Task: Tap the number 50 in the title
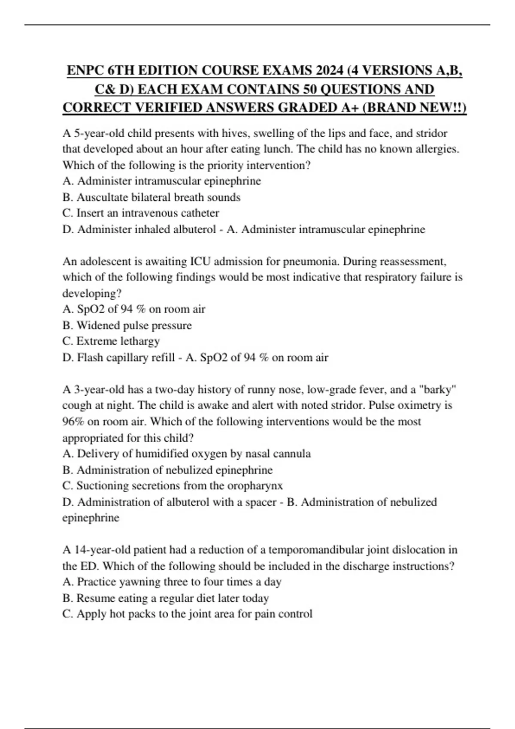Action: pos(308,89)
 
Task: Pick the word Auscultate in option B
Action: pos(101,197)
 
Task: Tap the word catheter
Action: pos(199,213)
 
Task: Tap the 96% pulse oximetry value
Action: pos(73,422)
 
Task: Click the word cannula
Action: pos(292,454)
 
